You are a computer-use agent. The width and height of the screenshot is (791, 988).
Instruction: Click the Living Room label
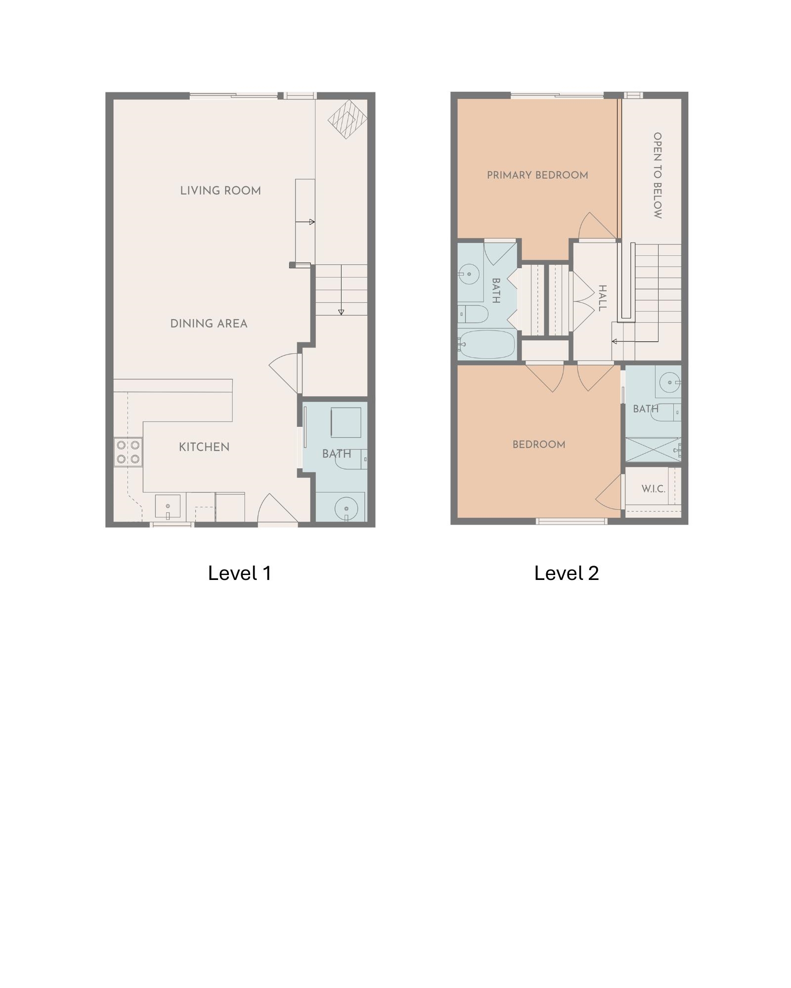(x=220, y=191)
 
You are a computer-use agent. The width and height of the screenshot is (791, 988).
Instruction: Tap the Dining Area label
(x=209, y=324)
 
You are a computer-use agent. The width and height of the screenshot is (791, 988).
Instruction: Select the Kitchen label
(x=204, y=447)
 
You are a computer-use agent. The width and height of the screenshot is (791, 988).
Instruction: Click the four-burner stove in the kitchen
(x=128, y=452)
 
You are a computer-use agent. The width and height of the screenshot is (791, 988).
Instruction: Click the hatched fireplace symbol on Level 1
(x=348, y=119)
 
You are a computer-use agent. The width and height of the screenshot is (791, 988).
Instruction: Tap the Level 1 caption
(x=240, y=573)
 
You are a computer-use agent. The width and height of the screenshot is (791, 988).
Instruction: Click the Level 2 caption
(x=567, y=573)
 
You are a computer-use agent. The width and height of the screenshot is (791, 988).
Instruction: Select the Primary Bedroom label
(x=537, y=175)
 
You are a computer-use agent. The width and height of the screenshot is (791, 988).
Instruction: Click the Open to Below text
(x=658, y=175)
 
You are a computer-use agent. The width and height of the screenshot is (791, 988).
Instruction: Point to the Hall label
(x=602, y=298)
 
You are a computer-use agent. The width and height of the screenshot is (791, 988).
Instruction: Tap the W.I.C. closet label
(x=653, y=489)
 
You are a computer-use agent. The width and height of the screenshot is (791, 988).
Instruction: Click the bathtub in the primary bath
(x=487, y=344)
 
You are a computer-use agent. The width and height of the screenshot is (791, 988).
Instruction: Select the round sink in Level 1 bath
(x=346, y=508)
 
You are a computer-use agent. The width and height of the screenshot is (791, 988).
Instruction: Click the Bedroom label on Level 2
(x=539, y=445)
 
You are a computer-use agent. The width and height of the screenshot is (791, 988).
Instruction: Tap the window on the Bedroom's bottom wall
(x=571, y=521)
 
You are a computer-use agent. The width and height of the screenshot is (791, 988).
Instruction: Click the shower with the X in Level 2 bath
(x=654, y=450)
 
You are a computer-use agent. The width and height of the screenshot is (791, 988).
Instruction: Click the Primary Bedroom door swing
(x=597, y=226)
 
